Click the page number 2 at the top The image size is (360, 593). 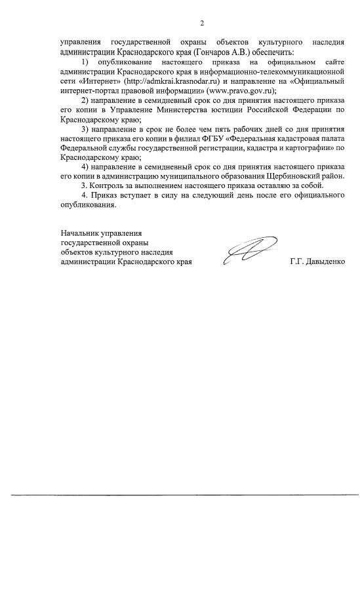[202, 24]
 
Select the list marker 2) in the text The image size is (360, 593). [84, 101]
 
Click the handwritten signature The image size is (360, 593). [247, 253]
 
